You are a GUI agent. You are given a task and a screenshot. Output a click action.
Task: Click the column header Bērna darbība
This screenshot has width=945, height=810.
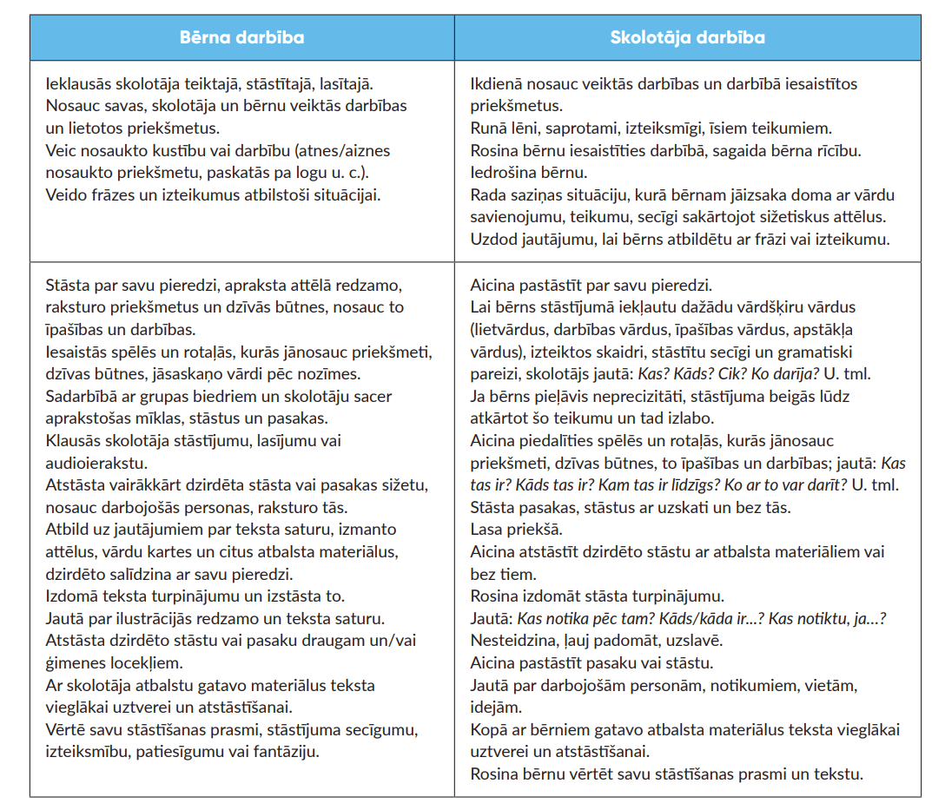click(x=241, y=38)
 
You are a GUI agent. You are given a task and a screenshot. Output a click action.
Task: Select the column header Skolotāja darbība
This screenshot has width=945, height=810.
click(x=687, y=38)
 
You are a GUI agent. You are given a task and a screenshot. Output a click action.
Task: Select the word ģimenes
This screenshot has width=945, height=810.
click(x=76, y=662)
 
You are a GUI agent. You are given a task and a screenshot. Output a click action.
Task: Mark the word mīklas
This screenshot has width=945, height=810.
click(x=145, y=418)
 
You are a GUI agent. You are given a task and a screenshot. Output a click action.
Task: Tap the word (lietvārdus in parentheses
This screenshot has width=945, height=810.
click(x=512, y=330)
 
